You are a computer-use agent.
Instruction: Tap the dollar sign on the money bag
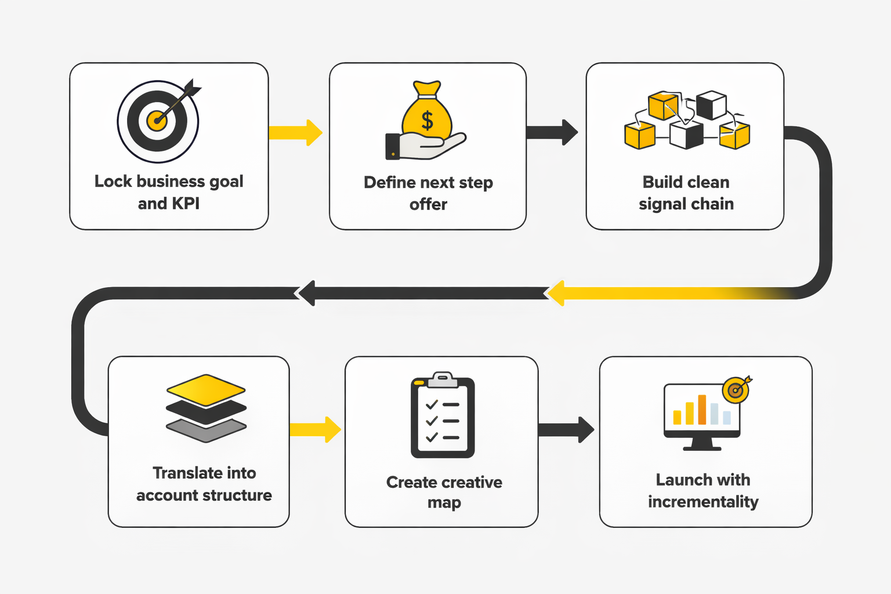pyautogui.click(x=428, y=121)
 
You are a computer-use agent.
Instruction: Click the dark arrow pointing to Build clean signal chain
pyautogui.click(x=552, y=132)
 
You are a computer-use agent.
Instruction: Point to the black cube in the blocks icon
pyautogui.click(x=711, y=105)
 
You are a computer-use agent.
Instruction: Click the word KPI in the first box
pyautogui.click(x=185, y=204)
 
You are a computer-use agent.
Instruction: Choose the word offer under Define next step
pyautogui.click(x=428, y=205)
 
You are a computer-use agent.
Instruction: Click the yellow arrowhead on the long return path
pyautogui.click(x=557, y=293)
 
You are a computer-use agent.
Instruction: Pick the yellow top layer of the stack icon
pyautogui.click(x=206, y=389)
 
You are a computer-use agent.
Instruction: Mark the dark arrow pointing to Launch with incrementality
pyautogui.click(x=566, y=430)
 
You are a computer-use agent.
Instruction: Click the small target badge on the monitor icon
pyautogui.click(x=736, y=390)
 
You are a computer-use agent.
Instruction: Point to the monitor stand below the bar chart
pyautogui.click(x=702, y=444)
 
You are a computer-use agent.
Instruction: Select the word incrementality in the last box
pyautogui.click(x=703, y=502)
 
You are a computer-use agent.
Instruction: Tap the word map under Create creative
pyautogui.click(x=444, y=503)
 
